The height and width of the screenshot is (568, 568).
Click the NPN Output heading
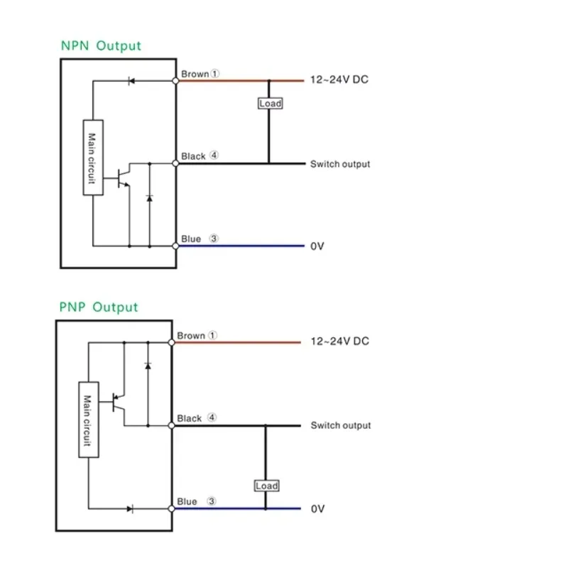[101, 46]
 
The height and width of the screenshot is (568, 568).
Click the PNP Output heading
[98, 307]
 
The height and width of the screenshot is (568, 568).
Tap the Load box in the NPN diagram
[271, 104]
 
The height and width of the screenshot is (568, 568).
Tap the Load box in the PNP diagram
[267, 486]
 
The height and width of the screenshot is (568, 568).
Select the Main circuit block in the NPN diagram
[93, 158]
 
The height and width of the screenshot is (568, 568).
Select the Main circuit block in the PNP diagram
[89, 420]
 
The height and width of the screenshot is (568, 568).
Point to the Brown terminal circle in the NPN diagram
[175, 81]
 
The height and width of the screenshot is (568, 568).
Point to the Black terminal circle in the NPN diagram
[175, 163]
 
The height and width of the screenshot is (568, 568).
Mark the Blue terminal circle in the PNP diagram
[171, 508]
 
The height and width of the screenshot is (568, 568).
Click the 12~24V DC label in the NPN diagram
[339, 80]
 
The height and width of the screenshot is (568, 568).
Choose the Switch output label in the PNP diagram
[341, 425]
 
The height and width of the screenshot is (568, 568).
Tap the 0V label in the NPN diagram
[317, 246]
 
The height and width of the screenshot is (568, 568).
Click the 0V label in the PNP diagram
[317, 509]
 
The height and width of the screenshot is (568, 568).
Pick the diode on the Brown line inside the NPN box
[131, 81]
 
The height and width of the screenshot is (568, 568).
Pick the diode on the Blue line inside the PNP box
[130, 509]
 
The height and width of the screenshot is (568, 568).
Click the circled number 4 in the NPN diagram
[214, 155]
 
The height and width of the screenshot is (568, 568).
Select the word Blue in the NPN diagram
[191, 239]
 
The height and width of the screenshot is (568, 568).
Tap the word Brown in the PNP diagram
[191, 336]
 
